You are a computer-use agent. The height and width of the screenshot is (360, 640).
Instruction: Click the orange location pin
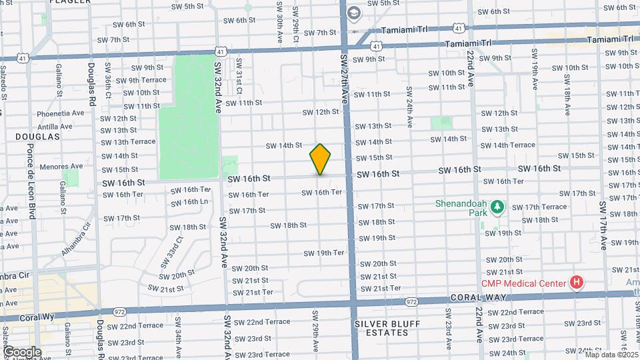click(x=321, y=159)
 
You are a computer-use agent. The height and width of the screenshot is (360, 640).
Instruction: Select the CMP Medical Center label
click(x=526, y=283)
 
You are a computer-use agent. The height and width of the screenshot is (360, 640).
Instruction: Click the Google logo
click(x=22, y=351)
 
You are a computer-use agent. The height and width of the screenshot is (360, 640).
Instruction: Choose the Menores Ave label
click(x=61, y=167)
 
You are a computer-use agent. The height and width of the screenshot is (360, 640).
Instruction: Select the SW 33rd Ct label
click(x=169, y=253)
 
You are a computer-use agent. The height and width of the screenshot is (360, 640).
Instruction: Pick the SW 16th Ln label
click(x=189, y=202)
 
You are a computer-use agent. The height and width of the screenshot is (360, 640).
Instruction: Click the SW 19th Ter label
click(x=323, y=253)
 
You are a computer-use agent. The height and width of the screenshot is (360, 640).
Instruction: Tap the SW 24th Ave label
click(x=409, y=105)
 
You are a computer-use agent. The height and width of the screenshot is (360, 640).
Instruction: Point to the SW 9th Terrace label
click(x=141, y=80)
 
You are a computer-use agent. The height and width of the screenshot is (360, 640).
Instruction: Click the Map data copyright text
click(x=611, y=354)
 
